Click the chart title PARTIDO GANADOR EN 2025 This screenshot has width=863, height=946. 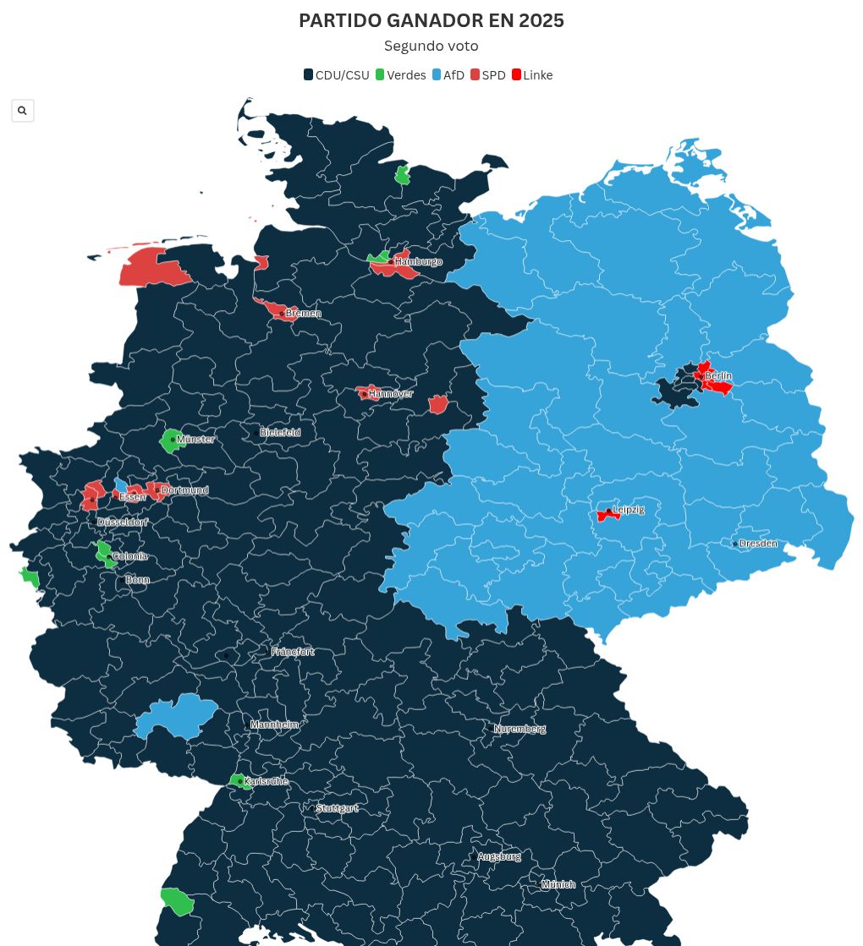(x=431, y=21)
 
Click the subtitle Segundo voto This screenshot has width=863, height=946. (x=431, y=46)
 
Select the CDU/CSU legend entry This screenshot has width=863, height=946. (x=337, y=75)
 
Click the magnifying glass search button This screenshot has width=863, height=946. (x=23, y=111)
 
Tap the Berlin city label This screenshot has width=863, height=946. (x=718, y=375)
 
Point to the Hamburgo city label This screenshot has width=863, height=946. (x=418, y=262)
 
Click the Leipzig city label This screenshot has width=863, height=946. (x=628, y=510)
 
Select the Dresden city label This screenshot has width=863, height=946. (x=757, y=544)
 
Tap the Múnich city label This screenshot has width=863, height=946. (x=558, y=884)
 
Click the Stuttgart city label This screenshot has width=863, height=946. (x=337, y=808)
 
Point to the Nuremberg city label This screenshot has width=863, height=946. (x=519, y=729)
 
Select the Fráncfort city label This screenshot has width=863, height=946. (x=293, y=652)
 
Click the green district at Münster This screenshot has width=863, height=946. (x=168, y=441)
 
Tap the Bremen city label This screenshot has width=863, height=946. (x=303, y=314)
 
